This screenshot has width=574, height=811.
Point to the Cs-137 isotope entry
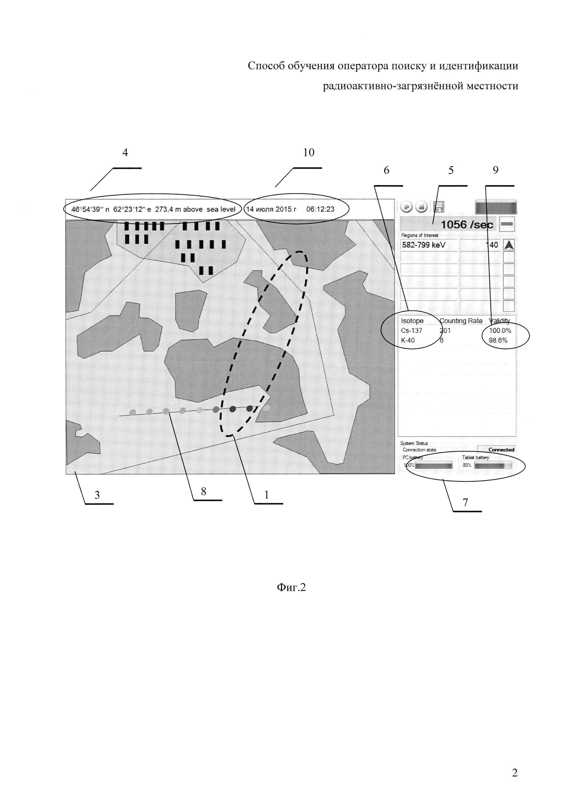tap(412, 331)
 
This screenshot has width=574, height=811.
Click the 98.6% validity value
tap(498, 340)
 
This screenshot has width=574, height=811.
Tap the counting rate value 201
tap(445, 331)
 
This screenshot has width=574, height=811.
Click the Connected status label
tap(501, 450)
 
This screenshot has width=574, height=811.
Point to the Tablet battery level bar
tap(492, 466)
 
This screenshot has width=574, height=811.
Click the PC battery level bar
tap(434, 466)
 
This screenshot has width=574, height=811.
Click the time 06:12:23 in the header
tap(320, 209)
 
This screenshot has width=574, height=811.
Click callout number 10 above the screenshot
tap(309, 153)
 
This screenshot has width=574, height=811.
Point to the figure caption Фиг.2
tap(291, 587)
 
